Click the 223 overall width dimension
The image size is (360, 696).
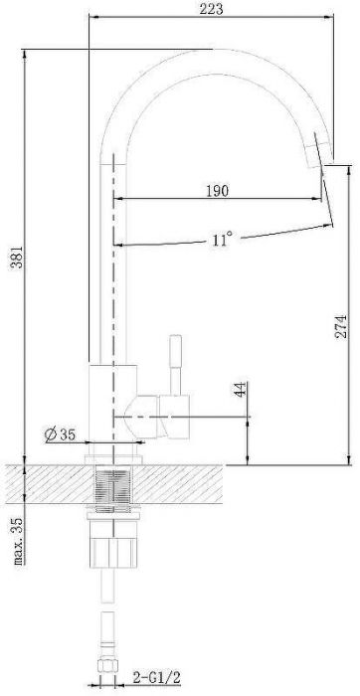211,8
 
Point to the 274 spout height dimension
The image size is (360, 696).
340,326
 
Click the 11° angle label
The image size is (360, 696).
222,240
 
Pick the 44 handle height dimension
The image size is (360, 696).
241,390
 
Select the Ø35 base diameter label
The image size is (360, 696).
60,435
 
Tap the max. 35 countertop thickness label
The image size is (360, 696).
20,539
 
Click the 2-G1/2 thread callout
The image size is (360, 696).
157,677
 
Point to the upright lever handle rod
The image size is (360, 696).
176,365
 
